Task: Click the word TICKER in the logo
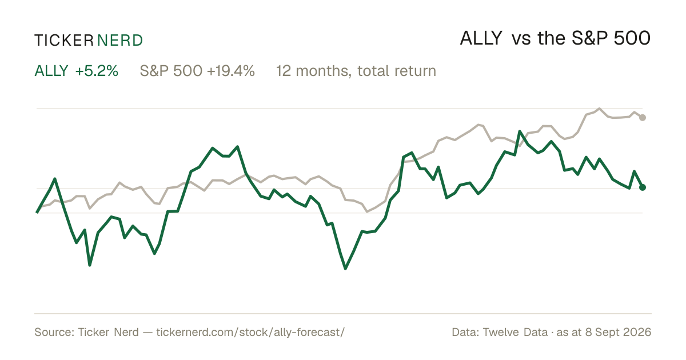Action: (64, 41)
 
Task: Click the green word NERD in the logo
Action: (119, 41)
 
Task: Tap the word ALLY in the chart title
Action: (481, 39)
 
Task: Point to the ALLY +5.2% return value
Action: (97, 71)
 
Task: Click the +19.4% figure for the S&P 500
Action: (231, 71)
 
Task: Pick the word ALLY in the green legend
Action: (51, 71)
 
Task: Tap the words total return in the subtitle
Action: (397, 71)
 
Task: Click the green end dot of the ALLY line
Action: (643, 187)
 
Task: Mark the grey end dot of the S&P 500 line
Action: (643, 118)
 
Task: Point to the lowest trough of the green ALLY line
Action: (345, 269)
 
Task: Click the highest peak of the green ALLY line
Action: (520, 131)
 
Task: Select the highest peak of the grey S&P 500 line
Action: (599, 109)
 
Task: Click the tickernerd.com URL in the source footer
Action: (250, 332)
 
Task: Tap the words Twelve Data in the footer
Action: (515, 332)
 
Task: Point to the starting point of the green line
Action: (37, 212)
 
